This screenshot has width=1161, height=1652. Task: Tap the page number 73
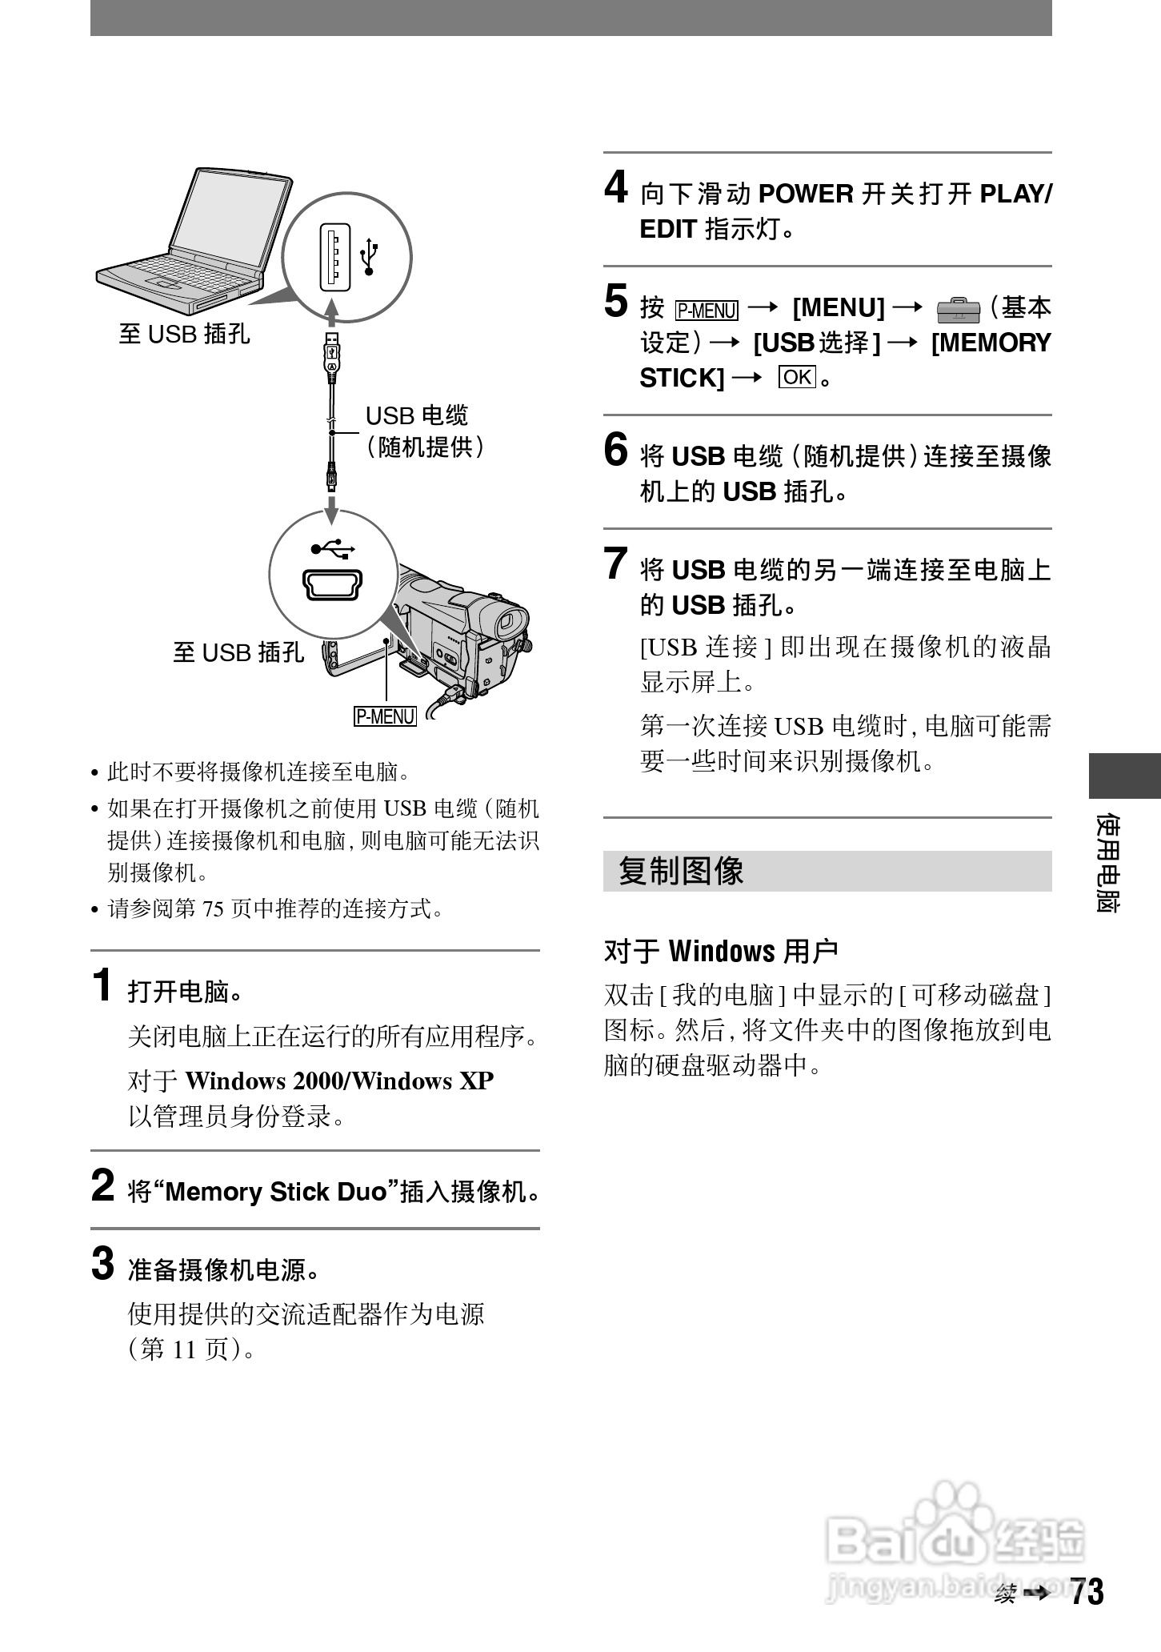click(1087, 1592)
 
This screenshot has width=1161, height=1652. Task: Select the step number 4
click(615, 189)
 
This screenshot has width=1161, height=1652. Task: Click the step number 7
click(615, 563)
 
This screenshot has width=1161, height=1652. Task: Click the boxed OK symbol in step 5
click(797, 377)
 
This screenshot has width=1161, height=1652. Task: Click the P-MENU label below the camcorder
click(385, 716)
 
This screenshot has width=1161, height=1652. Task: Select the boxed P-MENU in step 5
click(707, 309)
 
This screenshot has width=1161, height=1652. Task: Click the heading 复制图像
click(681, 871)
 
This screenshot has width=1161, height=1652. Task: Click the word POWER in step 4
click(806, 194)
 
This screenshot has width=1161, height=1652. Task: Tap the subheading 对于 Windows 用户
click(721, 951)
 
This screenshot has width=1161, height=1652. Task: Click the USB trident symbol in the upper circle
click(369, 256)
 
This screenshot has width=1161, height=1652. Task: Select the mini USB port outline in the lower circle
click(333, 584)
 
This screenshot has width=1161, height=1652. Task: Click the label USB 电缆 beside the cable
click(416, 415)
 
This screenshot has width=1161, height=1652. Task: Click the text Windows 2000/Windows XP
click(339, 1081)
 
